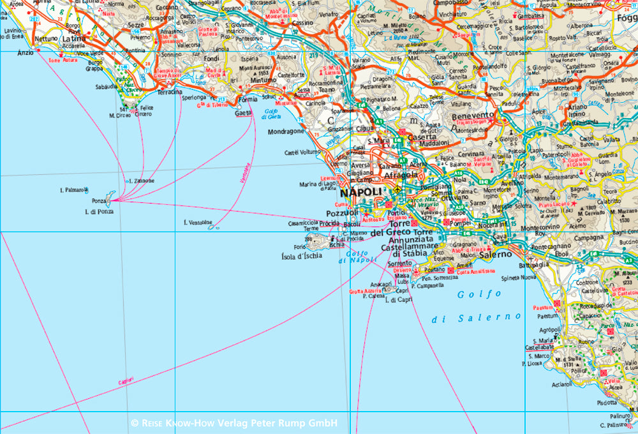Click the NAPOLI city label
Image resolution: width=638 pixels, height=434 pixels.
(x=360, y=193)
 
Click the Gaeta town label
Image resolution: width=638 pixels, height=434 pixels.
(x=242, y=113)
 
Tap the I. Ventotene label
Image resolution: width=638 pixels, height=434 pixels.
(x=197, y=222)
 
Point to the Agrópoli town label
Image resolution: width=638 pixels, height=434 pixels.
(x=532, y=330)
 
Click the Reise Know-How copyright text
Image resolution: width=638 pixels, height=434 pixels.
(x=234, y=423)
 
